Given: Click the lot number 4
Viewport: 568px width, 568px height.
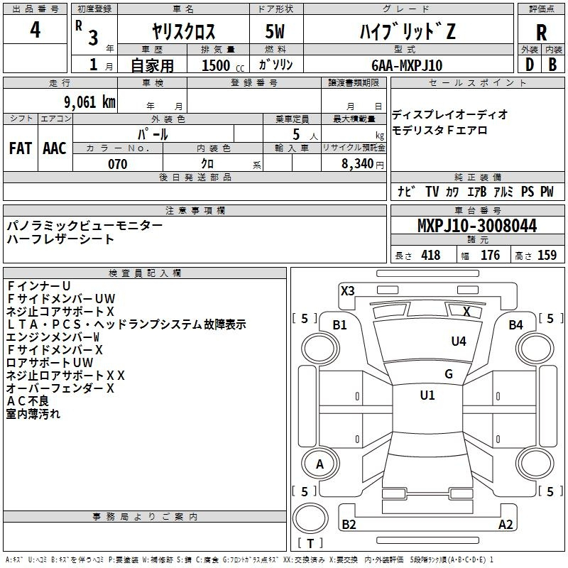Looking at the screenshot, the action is click(35, 30).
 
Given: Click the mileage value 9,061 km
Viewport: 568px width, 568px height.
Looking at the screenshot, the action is click(90, 102).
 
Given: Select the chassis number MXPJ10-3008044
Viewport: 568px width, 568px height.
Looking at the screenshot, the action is click(477, 225).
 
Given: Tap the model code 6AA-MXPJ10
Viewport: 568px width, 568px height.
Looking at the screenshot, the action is click(407, 65).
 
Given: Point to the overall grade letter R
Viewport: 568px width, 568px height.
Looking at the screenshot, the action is click(541, 33).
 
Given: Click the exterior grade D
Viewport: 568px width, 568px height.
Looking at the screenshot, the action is click(530, 65).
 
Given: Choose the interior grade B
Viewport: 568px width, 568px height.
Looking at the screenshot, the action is click(552, 65).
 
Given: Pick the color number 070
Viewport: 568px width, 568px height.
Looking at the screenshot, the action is click(118, 164).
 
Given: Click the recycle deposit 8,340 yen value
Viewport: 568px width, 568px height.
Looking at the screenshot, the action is click(363, 164).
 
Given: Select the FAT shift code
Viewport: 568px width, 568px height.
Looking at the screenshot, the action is click(21, 148).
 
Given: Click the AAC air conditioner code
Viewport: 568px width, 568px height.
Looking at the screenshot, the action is click(55, 148).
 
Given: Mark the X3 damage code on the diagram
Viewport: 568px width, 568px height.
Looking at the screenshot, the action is click(347, 290).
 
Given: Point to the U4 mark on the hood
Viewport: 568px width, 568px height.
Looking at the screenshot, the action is click(459, 342).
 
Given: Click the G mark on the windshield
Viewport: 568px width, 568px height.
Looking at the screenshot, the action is click(449, 373).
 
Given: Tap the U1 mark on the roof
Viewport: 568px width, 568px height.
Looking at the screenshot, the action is click(427, 395).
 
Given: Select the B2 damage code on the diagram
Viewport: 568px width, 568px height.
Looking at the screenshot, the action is click(349, 524).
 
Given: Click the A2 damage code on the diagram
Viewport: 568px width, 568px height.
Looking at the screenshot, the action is click(506, 524).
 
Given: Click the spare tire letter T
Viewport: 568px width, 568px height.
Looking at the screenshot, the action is click(310, 543).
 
